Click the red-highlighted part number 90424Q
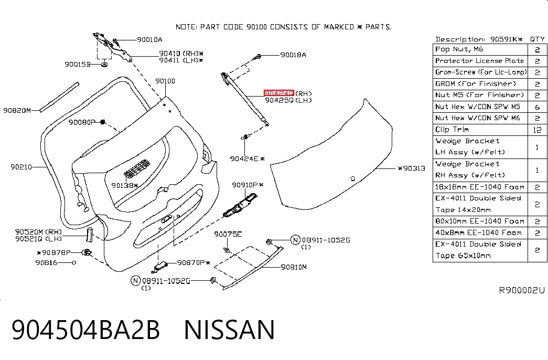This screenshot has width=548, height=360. (278, 93)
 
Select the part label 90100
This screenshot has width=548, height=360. (165, 81)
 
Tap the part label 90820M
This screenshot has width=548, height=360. (17, 111)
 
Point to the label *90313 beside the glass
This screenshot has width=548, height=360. (412, 168)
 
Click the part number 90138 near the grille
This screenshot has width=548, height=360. (123, 185)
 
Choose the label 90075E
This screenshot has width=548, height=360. (228, 234)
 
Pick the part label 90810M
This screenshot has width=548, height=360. (294, 267)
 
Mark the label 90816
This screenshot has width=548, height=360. (46, 262)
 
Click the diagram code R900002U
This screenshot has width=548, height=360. (521, 290)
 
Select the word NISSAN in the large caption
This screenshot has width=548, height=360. (229, 329)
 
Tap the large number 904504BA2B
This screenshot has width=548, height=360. (85, 329)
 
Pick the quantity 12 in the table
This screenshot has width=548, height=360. (537, 130)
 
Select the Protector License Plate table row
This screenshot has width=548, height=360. (490, 61)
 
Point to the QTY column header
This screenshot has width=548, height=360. (537, 39)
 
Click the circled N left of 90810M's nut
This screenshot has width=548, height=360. (295, 240)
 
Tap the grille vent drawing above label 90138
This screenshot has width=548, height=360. (137, 168)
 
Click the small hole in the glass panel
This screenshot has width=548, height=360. (353, 179)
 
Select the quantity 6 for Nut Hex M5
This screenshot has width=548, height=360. (537, 107)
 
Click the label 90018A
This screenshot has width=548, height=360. (293, 55)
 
